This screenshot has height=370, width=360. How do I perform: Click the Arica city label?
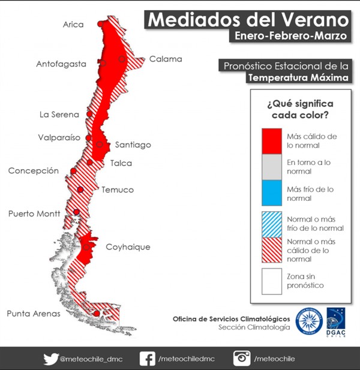[x=73, y=25]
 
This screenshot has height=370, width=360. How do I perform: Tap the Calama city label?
[x=165, y=59]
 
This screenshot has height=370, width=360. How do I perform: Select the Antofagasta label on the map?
[x=61, y=64]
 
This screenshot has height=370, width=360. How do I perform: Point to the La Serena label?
[x=59, y=115]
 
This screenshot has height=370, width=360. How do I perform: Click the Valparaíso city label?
[x=59, y=137]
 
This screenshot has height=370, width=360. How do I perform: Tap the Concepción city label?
[x=34, y=171]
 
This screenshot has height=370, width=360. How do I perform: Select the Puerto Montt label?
[x=34, y=213]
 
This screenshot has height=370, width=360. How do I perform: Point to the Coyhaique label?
[x=128, y=246]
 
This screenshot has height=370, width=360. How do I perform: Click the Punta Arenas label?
[x=34, y=313]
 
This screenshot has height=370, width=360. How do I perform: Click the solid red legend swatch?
[x=272, y=140]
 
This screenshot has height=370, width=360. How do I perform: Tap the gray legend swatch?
[x=272, y=167]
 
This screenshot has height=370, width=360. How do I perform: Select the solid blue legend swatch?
[x=272, y=193]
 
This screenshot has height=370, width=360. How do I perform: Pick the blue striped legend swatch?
[x=272, y=223]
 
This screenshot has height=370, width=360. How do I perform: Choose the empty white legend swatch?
[x=272, y=281]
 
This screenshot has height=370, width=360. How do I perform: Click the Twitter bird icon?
[x=50, y=359]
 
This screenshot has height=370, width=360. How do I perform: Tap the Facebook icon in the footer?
[x=147, y=359]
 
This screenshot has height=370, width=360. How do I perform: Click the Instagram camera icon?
[x=242, y=359]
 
